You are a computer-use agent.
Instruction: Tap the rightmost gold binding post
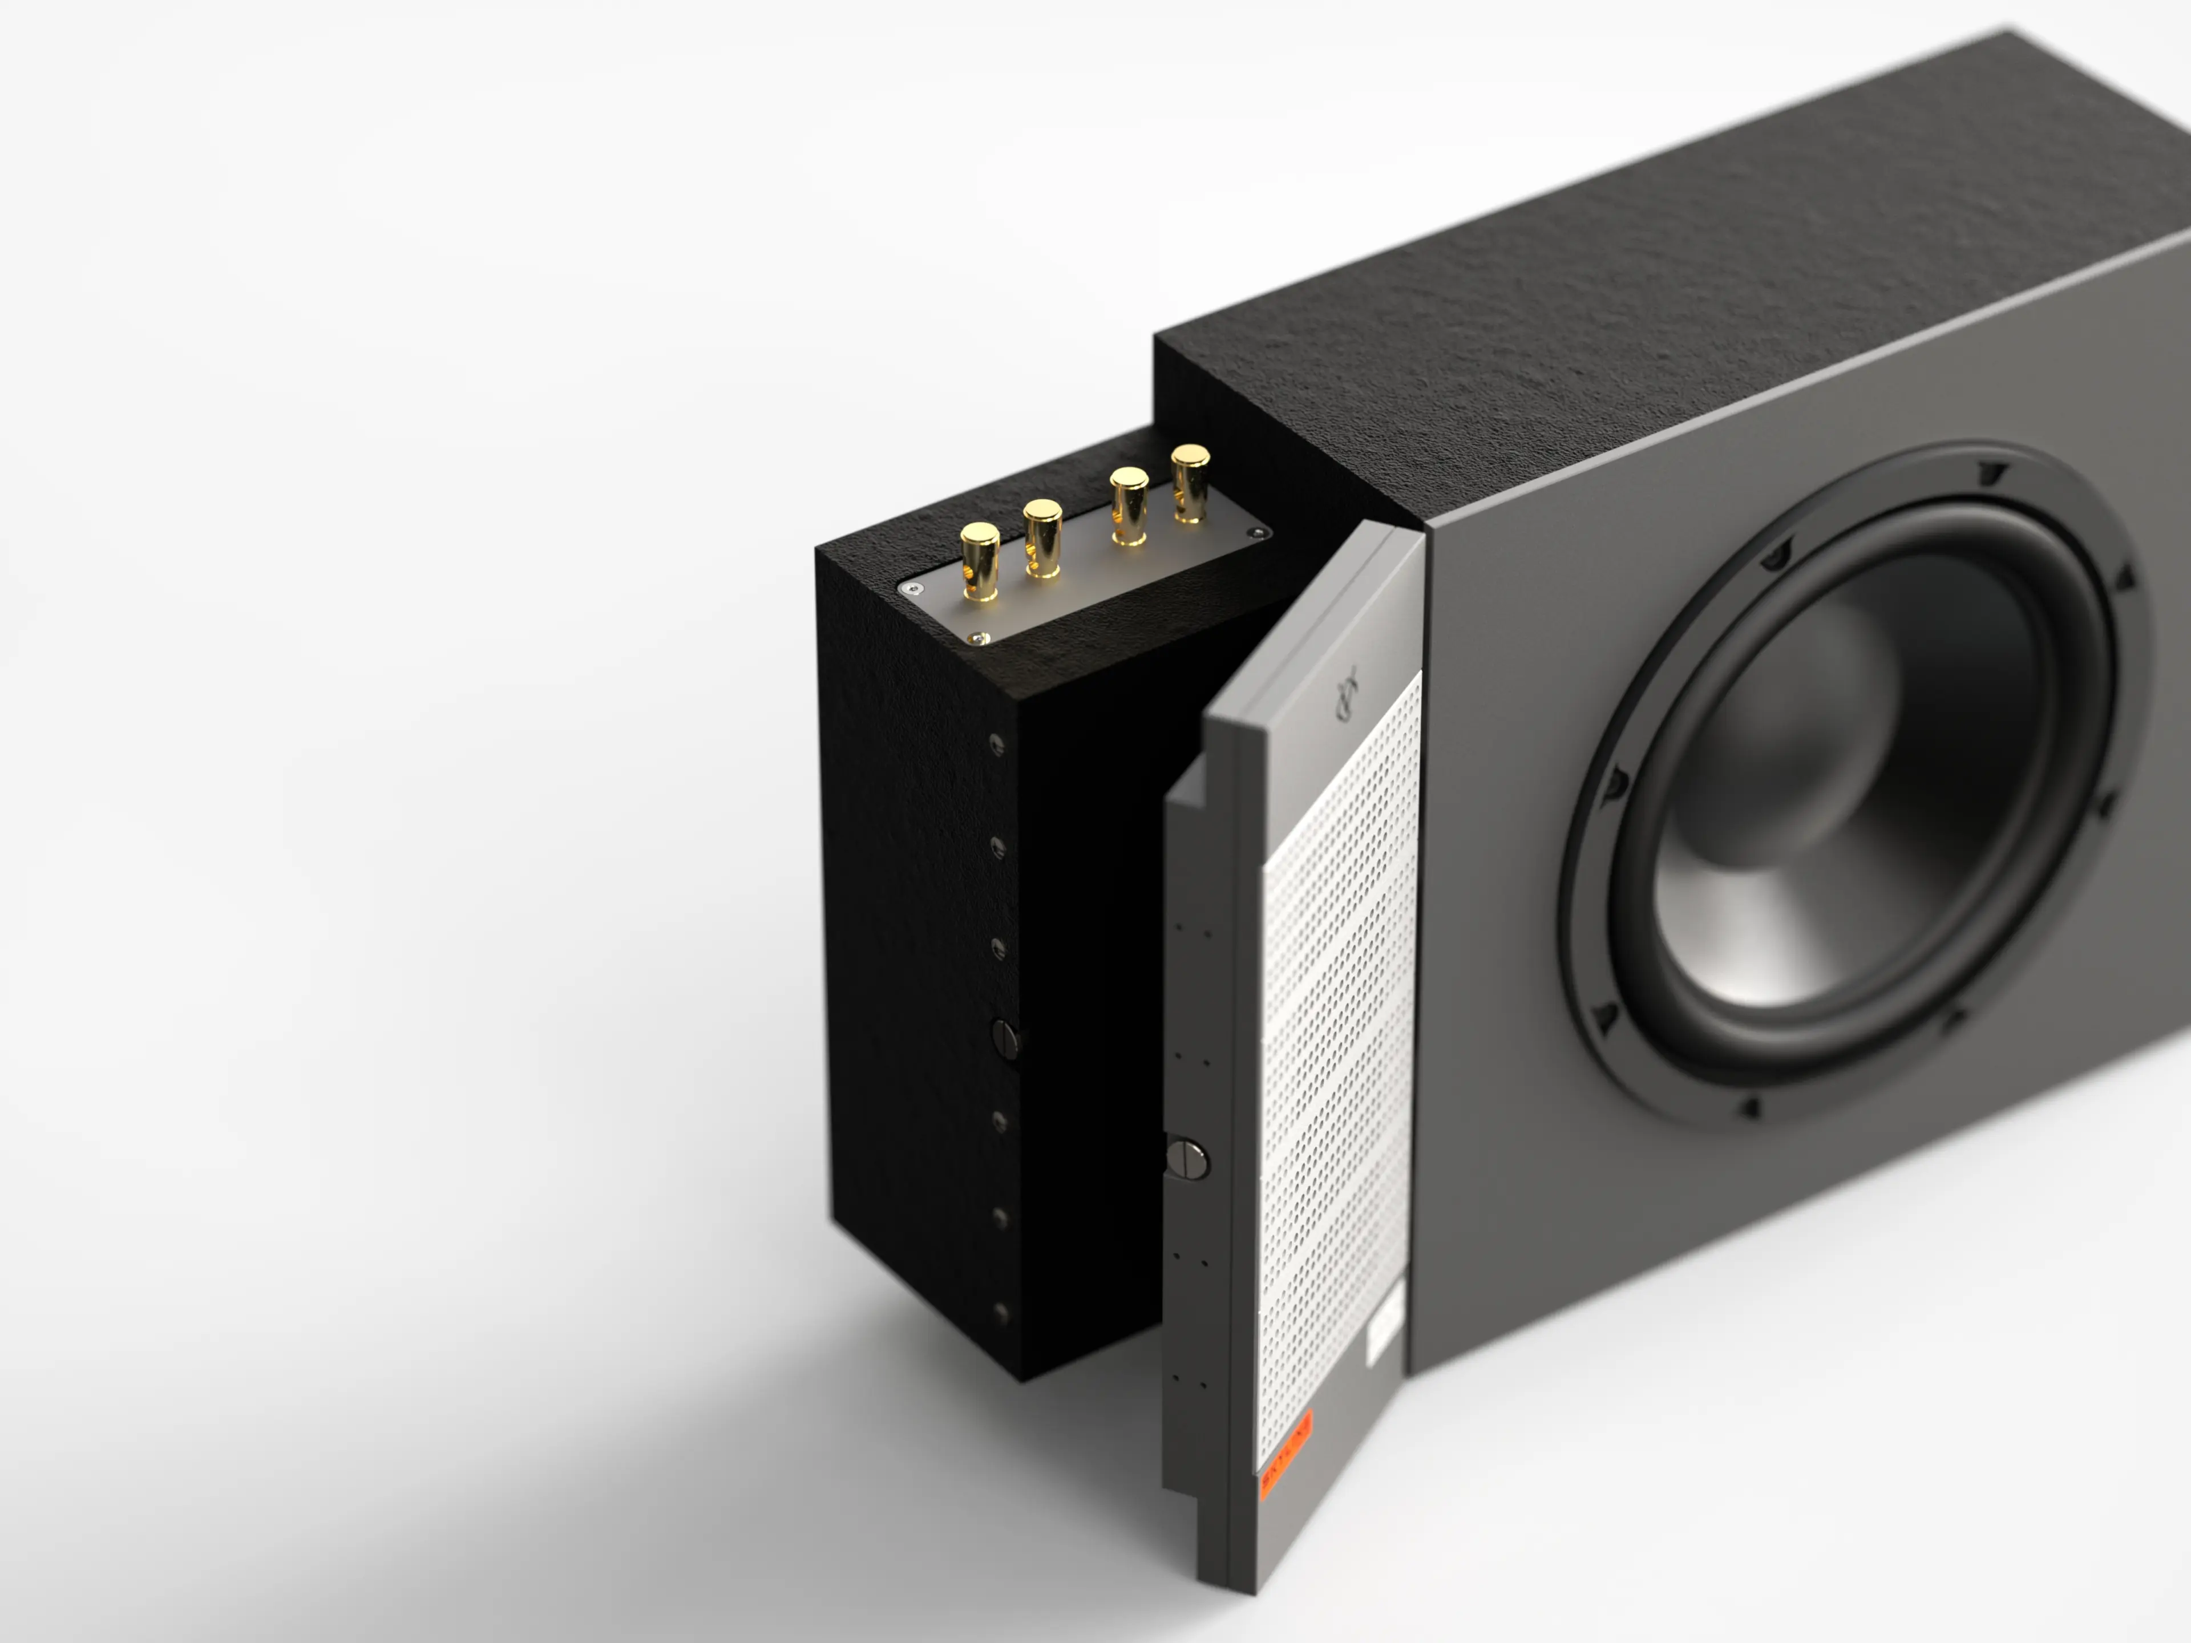1190,482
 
